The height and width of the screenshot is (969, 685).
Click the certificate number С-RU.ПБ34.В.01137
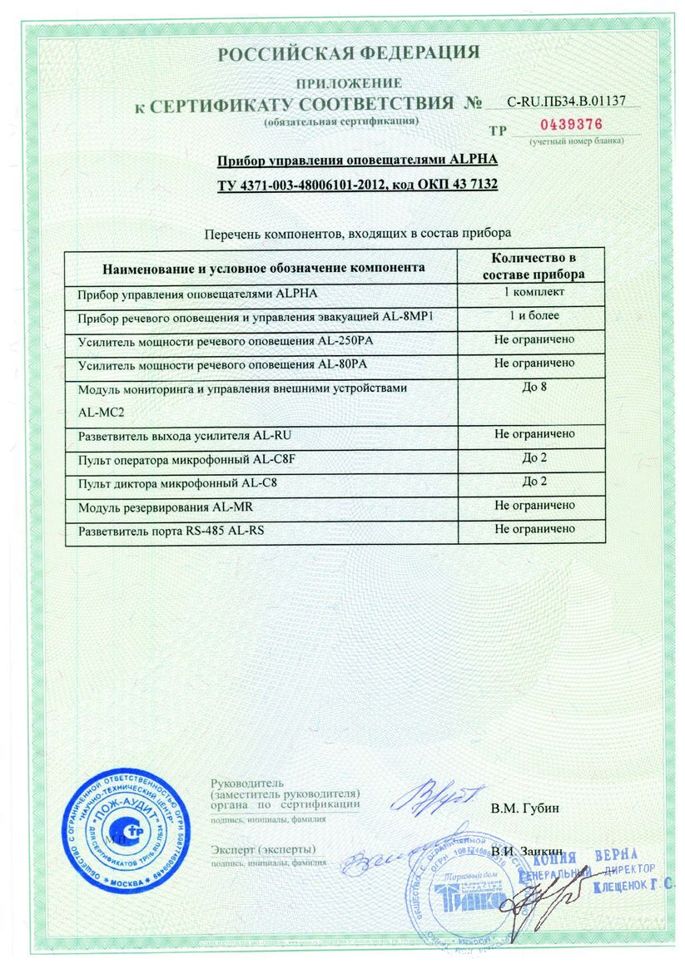pyautogui.click(x=566, y=102)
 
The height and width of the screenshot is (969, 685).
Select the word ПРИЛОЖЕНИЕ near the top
pyautogui.click(x=350, y=83)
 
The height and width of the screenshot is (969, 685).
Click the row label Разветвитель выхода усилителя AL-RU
pyautogui.click(x=185, y=435)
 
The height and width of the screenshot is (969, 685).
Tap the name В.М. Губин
pyautogui.click(x=524, y=808)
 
